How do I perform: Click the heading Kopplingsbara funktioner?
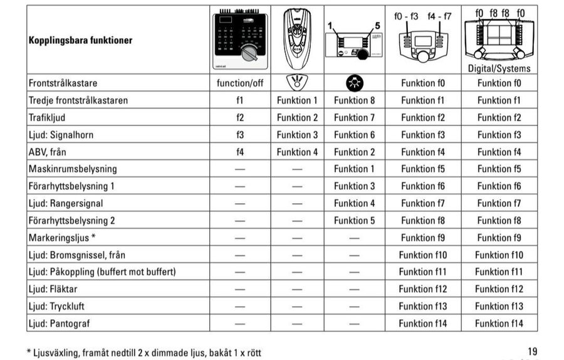(x=80, y=40)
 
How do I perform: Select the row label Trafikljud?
(x=48, y=117)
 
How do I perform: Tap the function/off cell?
(x=240, y=83)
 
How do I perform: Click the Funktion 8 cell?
(x=354, y=100)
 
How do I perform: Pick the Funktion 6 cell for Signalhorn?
(x=354, y=135)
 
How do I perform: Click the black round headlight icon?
(x=354, y=83)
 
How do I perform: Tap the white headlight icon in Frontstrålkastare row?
(x=297, y=83)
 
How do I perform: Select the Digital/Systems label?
(x=499, y=68)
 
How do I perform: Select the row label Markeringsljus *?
(x=62, y=238)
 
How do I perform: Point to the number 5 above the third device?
(x=377, y=26)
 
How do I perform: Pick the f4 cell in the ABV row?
(x=240, y=152)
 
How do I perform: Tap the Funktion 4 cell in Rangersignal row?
(x=354, y=203)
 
